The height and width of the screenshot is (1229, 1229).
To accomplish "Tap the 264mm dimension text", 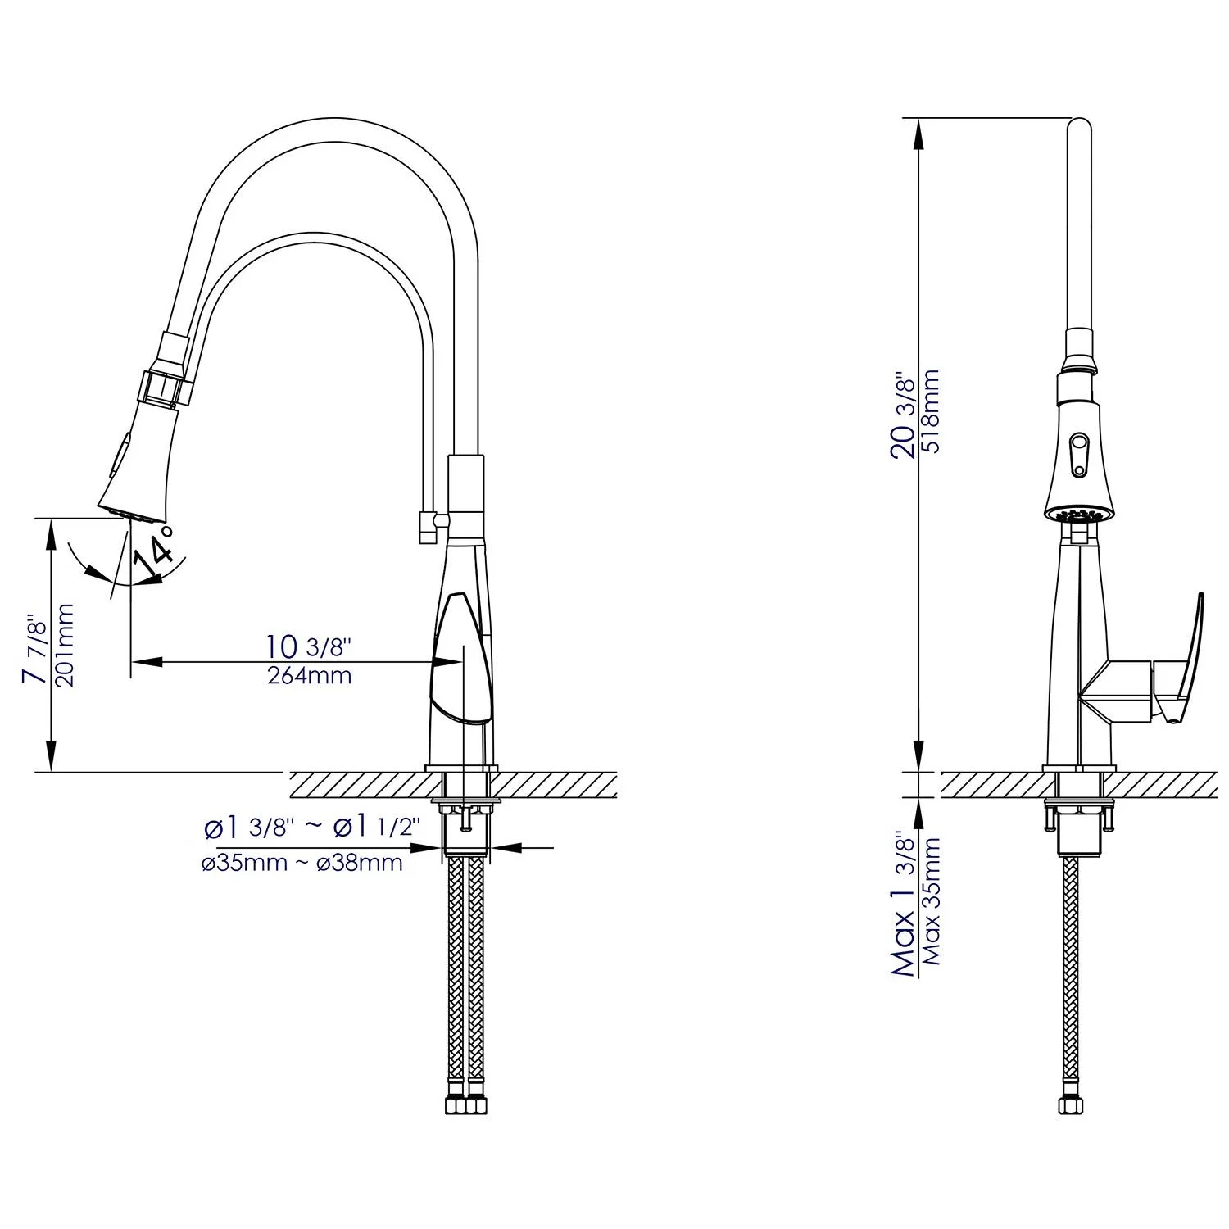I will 309,676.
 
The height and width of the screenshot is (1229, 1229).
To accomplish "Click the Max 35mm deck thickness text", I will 931,901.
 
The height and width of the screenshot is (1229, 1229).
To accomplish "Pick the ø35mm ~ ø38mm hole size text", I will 302,863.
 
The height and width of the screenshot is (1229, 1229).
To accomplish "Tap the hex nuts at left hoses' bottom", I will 465,1105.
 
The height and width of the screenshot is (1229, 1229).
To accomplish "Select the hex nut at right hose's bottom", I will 1069,1105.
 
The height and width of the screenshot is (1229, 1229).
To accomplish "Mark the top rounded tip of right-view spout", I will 1080,123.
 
